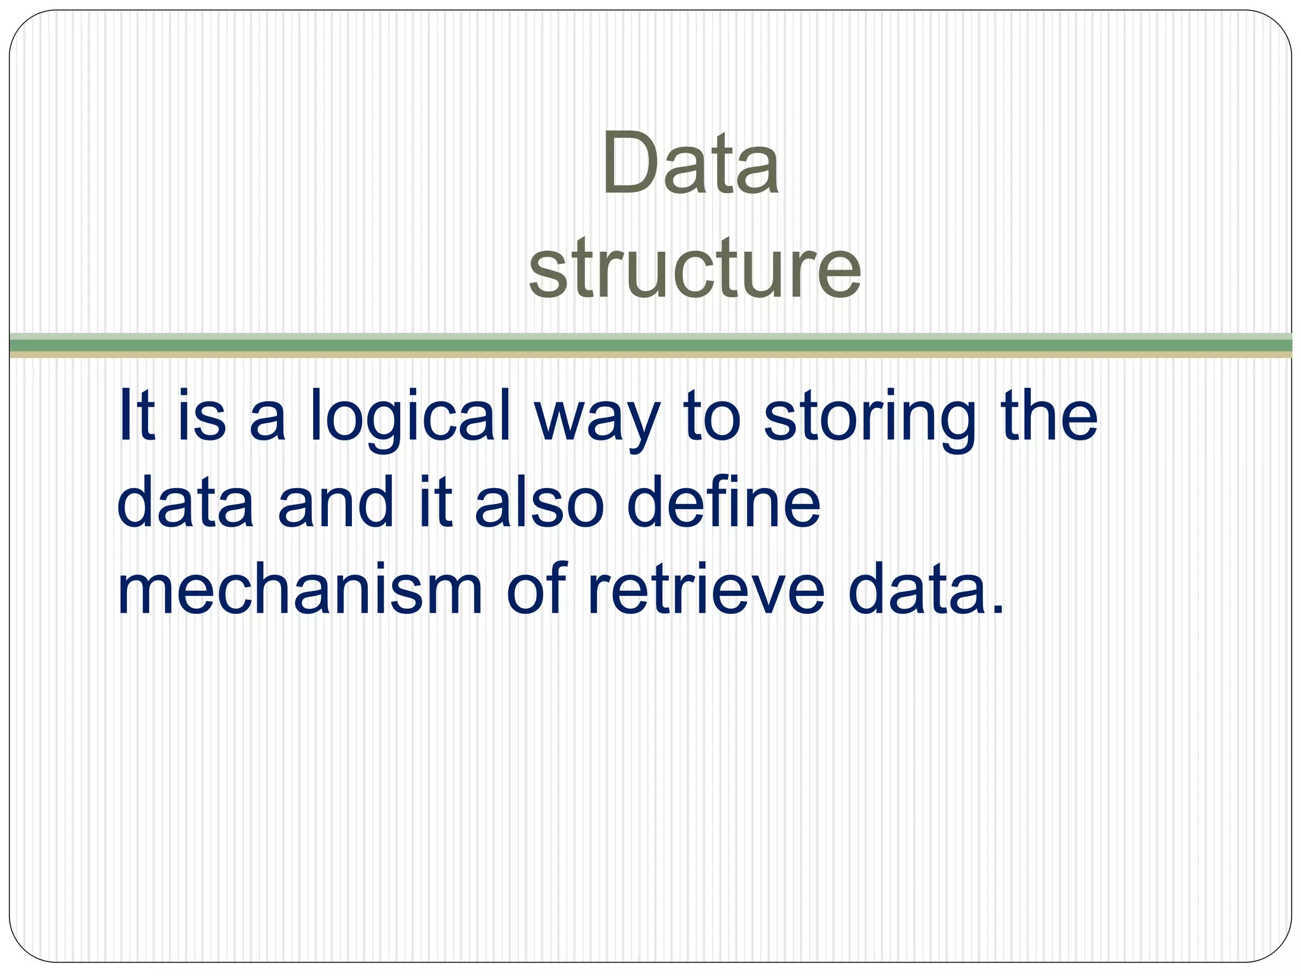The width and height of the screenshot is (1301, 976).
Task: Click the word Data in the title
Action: coord(691,163)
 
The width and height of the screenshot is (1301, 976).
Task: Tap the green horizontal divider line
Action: coord(650,345)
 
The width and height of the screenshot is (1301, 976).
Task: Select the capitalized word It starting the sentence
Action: coord(136,416)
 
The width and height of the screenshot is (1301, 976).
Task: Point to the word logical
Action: coord(410,419)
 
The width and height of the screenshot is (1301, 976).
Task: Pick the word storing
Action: coord(868,419)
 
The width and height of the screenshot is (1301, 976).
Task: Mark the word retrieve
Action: coord(706,591)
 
